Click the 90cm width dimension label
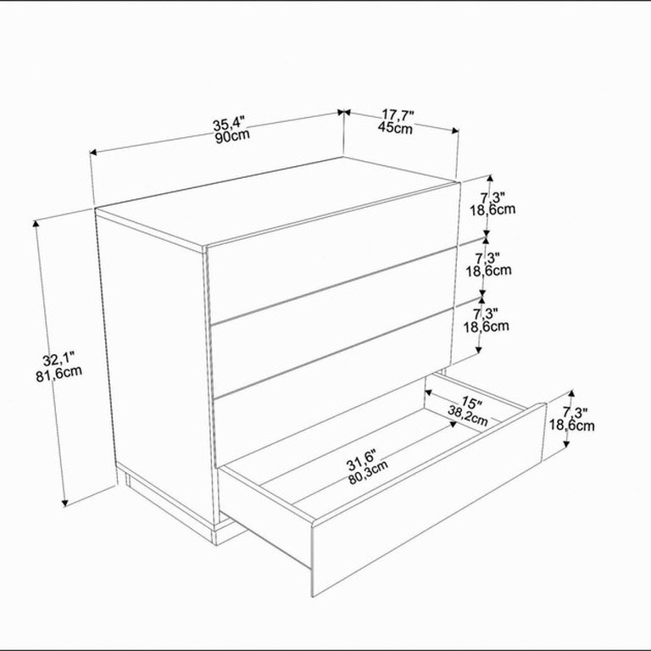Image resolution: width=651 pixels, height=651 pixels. (232, 136)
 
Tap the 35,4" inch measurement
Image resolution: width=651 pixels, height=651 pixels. (229, 123)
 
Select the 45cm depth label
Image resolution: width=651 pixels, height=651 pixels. (395, 127)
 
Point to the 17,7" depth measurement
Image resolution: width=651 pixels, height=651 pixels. (398, 114)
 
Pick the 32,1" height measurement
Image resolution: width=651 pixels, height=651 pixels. (58, 359)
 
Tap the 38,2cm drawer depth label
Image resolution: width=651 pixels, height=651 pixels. (468, 415)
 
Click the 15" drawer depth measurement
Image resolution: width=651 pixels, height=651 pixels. (472, 402)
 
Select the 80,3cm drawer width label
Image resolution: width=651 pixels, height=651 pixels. (368, 472)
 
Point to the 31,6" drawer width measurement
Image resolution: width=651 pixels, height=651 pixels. (361, 459)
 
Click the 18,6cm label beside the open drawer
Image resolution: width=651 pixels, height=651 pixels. (571, 426)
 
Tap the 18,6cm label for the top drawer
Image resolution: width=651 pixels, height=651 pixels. (492, 209)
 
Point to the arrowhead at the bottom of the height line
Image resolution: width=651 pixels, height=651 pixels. (64, 503)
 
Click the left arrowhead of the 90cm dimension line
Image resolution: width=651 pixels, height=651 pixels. (93, 153)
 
